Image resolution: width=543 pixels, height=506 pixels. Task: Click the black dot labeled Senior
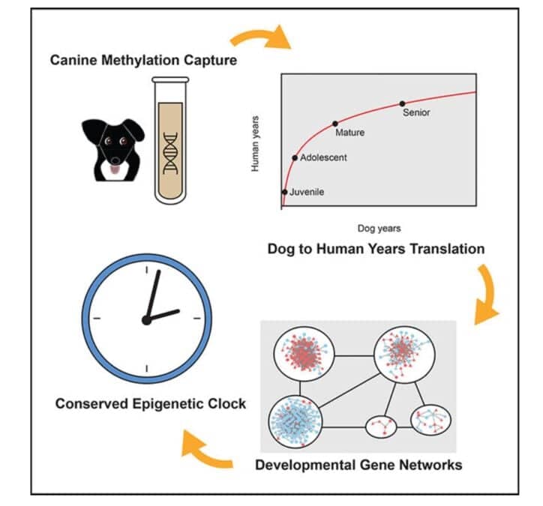click(x=402, y=103)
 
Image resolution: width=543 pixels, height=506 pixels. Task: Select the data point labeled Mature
click(x=334, y=124)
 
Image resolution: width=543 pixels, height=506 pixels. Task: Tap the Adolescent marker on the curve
click(x=295, y=158)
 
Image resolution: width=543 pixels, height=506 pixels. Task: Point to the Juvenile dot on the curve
click(x=285, y=192)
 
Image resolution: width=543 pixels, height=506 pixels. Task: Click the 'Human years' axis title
click(x=255, y=144)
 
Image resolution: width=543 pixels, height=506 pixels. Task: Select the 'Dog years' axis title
click(x=379, y=229)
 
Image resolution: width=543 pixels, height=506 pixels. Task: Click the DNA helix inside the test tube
click(x=170, y=153)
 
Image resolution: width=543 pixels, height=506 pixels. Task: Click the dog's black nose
click(x=115, y=160)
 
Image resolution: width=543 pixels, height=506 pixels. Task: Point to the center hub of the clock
click(x=146, y=320)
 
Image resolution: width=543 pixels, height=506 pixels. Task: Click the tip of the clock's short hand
click(x=178, y=310)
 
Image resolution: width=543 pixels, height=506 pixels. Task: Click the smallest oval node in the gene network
click(x=381, y=427)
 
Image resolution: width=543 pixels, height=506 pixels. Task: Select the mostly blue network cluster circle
click(x=295, y=421)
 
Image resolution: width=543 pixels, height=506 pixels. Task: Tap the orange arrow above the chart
click(x=262, y=37)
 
